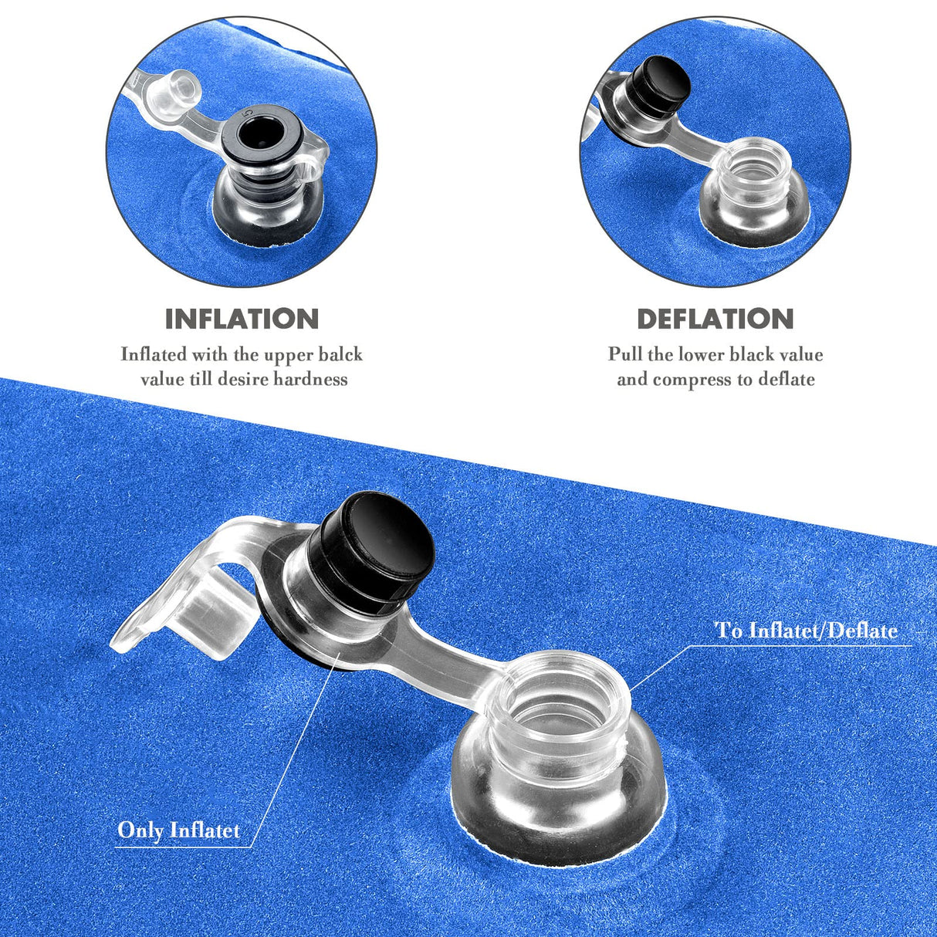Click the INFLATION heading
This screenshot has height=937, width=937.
242,319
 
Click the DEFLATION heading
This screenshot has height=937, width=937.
715,319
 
